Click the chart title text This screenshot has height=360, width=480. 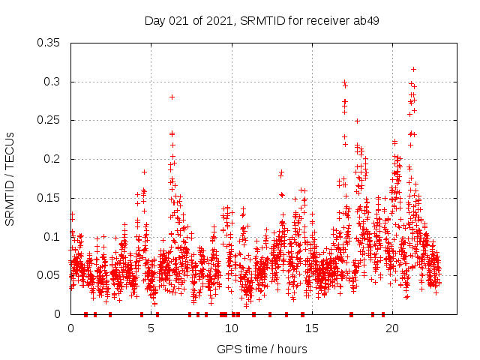point(261,20)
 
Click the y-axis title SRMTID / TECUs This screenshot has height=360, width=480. point(10,178)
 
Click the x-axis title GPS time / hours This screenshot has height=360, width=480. point(261,349)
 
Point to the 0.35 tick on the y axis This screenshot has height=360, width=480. point(49,43)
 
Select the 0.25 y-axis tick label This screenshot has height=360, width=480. point(49,120)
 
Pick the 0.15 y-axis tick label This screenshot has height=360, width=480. point(49,198)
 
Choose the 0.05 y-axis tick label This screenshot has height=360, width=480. point(49,275)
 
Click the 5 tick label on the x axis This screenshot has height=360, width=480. point(151,328)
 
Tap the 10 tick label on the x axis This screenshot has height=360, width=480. point(232,328)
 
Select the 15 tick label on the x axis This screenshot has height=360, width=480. point(312,328)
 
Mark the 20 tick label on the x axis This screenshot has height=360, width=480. point(393,328)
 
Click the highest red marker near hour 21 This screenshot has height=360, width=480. point(412,69)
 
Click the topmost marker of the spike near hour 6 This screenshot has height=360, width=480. point(172,97)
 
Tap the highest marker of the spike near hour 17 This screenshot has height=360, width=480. point(344,82)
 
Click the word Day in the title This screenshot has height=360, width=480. point(154,20)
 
